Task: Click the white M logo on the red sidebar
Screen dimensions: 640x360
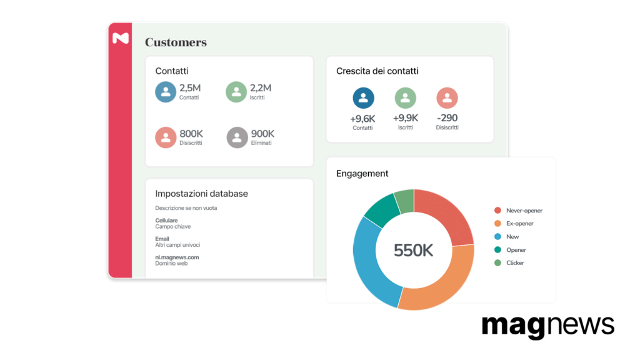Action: (x=121, y=38)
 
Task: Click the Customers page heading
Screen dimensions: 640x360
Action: (x=176, y=42)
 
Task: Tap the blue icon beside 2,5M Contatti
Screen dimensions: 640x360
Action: (x=166, y=92)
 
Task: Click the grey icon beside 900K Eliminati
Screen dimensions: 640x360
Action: (x=237, y=137)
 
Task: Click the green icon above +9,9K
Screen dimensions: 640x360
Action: (x=405, y=98)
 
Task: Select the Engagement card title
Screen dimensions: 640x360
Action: (x=362, y=174)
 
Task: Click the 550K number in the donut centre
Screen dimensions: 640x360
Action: (x=414, y=250)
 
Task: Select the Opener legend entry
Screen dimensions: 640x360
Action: (x=510, y=250)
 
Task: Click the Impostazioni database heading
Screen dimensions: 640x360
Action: (x=202, y=194)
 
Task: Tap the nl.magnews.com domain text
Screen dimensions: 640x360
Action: (x=177, y=257)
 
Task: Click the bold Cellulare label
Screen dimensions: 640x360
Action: (x=166, y=221)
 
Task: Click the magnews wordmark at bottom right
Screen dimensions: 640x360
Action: (x=548, y=326)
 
